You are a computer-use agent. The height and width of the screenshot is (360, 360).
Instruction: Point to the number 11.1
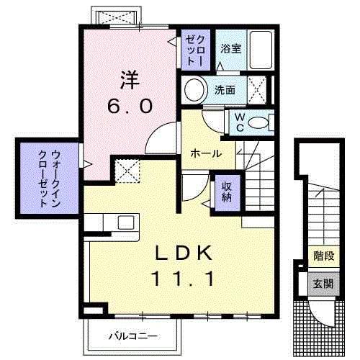coord(184,279)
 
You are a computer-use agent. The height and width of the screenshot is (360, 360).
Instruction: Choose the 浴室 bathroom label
coord(230,50)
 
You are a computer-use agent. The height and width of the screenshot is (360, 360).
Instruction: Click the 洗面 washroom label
coord(225,91)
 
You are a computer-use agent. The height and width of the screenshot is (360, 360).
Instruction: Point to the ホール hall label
coord(206,153)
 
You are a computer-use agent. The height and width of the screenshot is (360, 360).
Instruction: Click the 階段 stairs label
coord(323,256)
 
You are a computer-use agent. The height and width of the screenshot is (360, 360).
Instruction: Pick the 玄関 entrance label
coord(323,284)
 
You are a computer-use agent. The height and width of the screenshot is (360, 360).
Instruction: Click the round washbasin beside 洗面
coord(194,90)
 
